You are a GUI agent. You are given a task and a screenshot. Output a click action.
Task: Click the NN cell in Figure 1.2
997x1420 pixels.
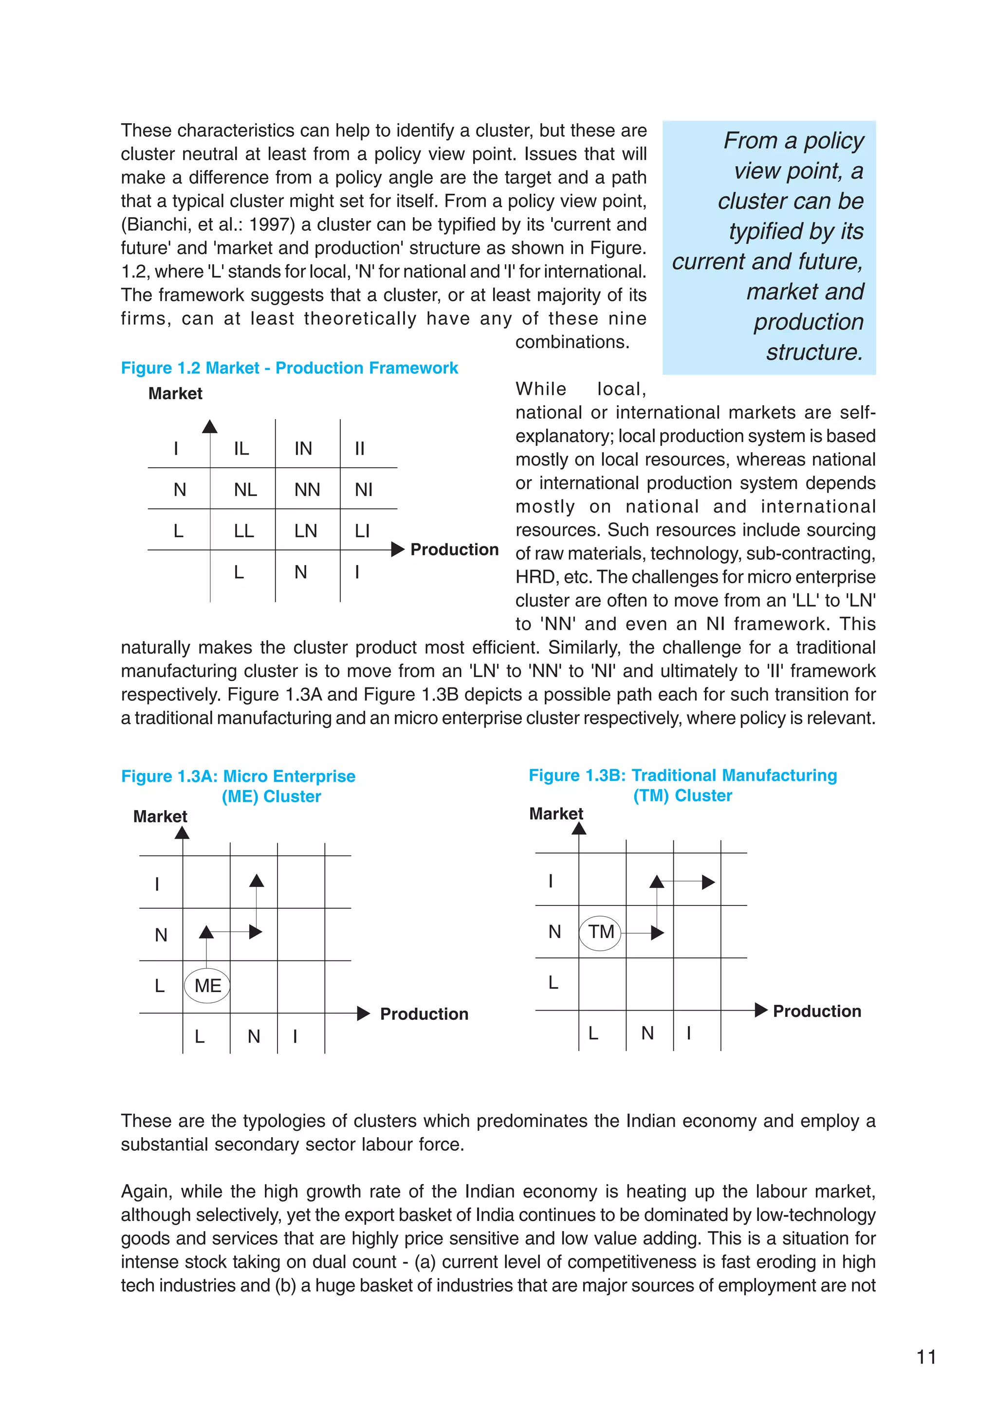(x=307, y=490)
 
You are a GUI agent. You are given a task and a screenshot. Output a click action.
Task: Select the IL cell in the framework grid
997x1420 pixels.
(x=241, y=448)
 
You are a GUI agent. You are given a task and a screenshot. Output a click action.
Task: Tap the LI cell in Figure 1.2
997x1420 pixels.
(x=362, y=531)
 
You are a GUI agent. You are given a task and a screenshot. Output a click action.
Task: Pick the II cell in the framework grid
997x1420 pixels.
(x=359, y=448)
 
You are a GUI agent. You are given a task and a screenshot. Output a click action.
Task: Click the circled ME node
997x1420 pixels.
(x=207, y=985)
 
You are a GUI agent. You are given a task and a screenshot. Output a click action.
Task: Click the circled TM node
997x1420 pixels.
(x=600, y=931)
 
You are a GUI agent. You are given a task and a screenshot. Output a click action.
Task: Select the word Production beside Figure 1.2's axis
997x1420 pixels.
(x=454, y=550)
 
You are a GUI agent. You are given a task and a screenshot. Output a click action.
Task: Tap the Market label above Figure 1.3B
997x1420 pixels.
(x=555, y=814)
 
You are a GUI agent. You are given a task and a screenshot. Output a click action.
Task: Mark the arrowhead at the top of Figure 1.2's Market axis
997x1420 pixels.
(x=210, y=426)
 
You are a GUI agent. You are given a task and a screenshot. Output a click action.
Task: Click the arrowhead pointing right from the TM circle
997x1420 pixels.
(x=658, y=933)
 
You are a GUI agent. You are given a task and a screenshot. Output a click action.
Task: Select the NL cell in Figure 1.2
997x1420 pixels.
(x=245, y=490)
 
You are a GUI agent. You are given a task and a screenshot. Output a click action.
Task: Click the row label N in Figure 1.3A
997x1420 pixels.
(x=161, y=935)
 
